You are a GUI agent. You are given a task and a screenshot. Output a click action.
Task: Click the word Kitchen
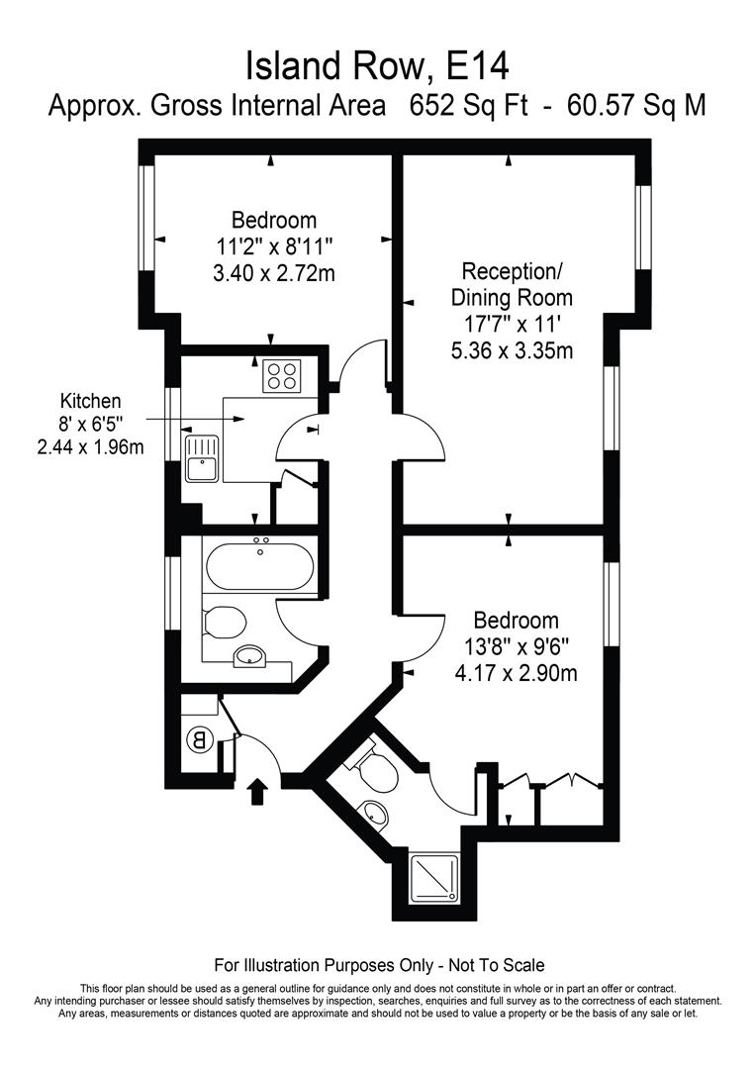click(x=91, y=401)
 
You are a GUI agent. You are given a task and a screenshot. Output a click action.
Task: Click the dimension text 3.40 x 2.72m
click(x=274, y=273)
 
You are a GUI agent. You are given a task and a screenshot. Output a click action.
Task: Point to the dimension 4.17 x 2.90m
click(x=516, y=674)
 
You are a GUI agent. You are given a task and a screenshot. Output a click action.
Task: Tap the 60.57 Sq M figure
click(x=636, y=106)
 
